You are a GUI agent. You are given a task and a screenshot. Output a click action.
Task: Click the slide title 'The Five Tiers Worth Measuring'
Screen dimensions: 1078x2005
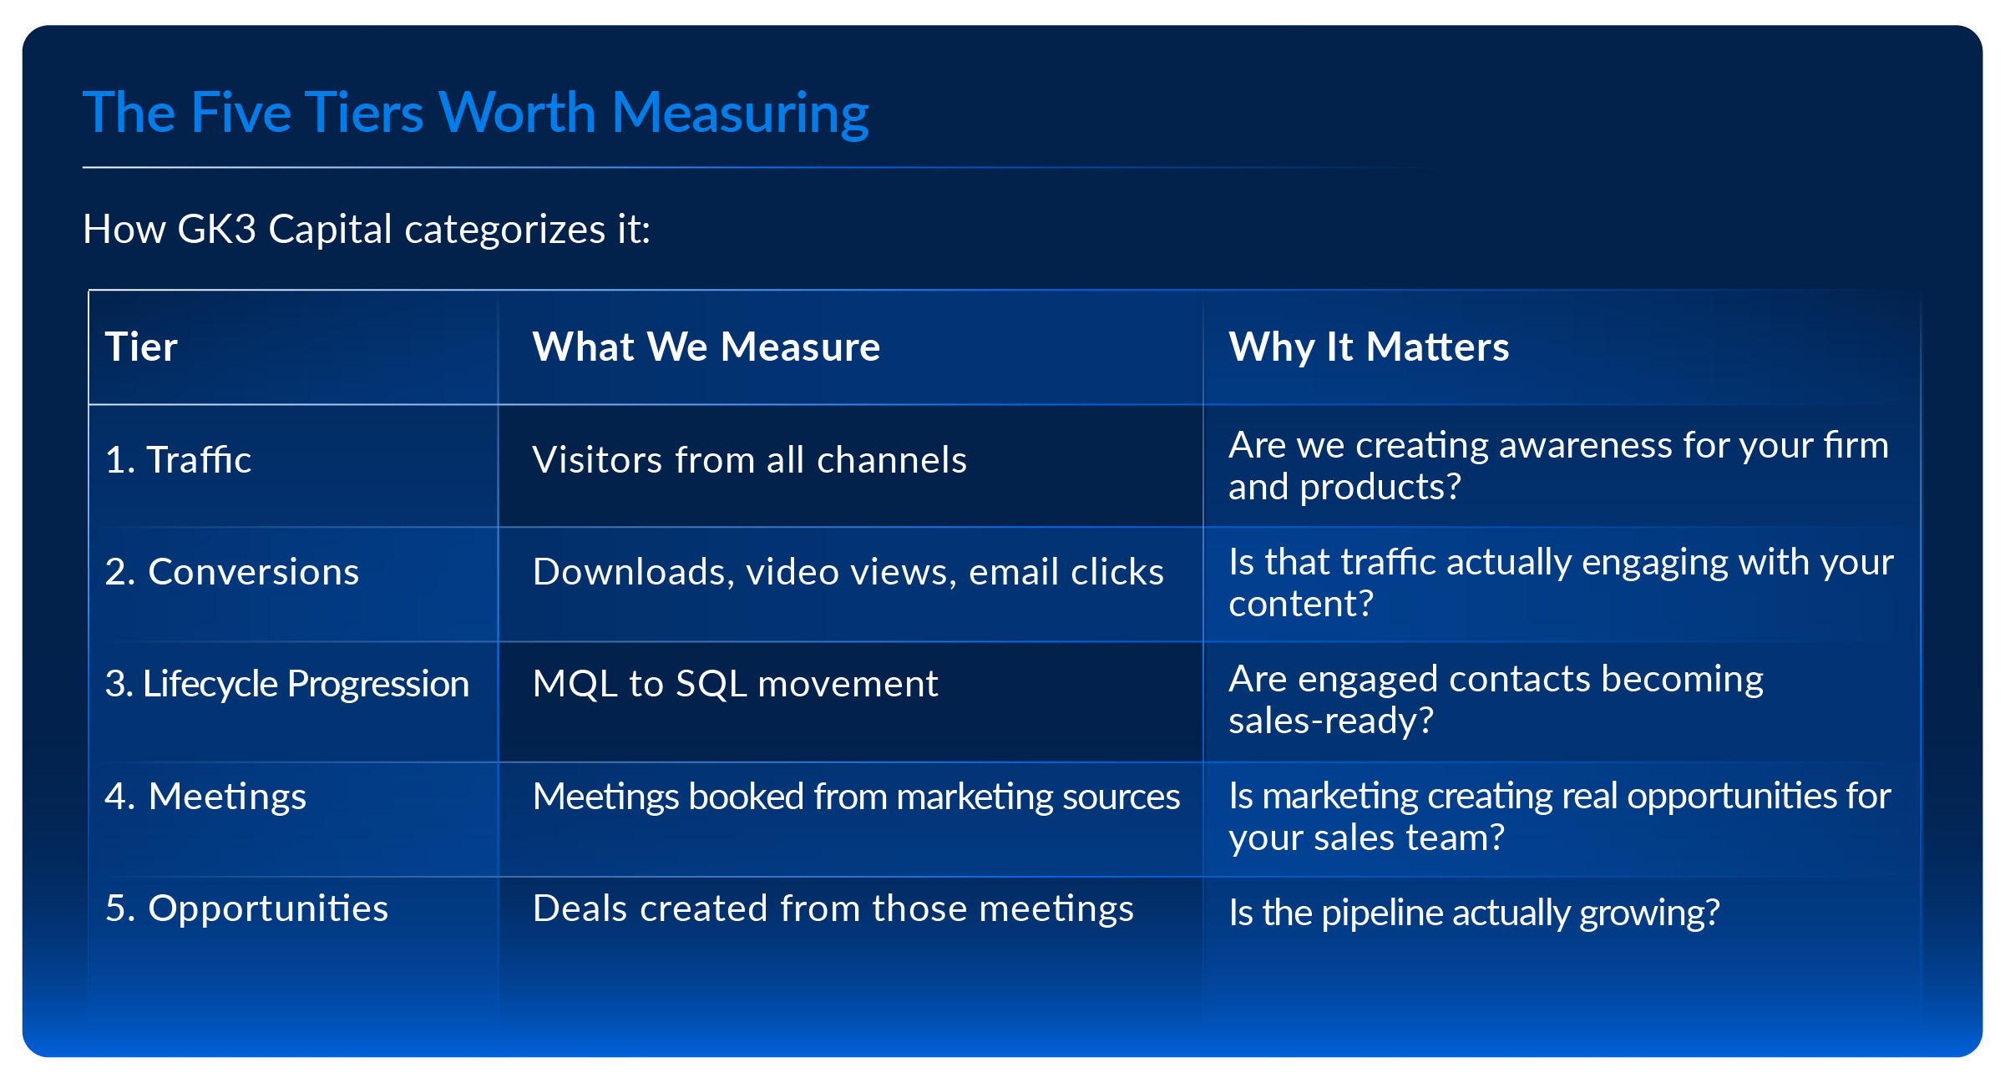coord(475,113)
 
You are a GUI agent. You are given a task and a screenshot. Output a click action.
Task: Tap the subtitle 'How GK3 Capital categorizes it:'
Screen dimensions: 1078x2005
coord(366,229)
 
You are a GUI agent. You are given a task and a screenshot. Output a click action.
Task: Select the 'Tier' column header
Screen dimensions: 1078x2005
coord(141,347)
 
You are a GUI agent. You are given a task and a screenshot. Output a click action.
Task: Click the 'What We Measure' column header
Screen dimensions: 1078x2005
coord(706,347)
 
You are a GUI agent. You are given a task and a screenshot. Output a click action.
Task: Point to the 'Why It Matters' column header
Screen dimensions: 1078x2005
coord(1368,347)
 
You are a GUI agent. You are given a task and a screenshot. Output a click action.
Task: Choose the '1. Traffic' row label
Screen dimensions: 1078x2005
coord(178,459)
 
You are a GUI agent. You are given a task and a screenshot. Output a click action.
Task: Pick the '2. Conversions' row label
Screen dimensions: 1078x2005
coord(231,572)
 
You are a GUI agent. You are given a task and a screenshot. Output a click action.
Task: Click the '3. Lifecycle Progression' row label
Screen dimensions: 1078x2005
coord(286,684)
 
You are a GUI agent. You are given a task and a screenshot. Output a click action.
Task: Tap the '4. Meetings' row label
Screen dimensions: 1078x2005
coord(205,796)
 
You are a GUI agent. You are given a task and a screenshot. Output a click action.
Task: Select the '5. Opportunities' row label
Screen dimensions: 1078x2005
coord(246,908)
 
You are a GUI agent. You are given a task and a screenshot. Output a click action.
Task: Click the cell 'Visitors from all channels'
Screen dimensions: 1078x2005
coord(749,460)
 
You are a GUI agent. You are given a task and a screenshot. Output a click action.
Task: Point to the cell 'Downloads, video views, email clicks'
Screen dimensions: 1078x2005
coord(848,572)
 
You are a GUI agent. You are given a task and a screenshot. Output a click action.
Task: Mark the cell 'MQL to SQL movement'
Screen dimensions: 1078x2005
coord(735,684)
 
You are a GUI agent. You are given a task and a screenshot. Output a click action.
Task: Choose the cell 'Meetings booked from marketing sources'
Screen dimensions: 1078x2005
coord(856,797)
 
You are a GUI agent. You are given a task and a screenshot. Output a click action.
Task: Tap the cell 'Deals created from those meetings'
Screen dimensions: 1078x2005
coord(833,908)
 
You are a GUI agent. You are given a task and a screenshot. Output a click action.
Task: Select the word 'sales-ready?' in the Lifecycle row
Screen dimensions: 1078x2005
coord(1330,721)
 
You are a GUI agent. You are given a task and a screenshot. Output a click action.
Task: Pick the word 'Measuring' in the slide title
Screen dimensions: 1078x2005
coord(740,113)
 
